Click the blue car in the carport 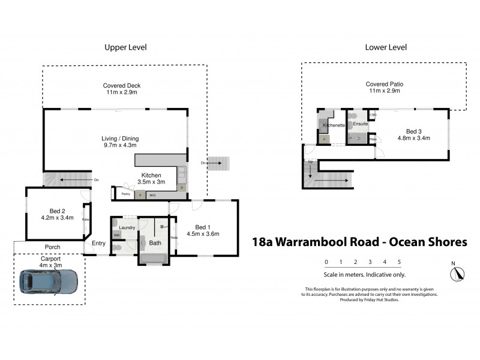click(x=49, y=280)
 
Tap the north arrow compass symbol click(x=457, y=272)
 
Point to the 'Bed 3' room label click(x=413, y=131)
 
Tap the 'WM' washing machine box click(x=116, y=235)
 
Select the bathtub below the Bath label click(x=155, y=258)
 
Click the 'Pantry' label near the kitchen click(x=126, y=194)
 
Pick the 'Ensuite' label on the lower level click(x=360, y=124)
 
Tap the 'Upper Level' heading click(x=125, y=47)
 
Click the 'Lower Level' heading click(x=386, y=47)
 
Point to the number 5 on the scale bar click(x=399, y=262)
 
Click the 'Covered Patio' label click(x=386, y=85)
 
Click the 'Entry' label click(x=98, y=243)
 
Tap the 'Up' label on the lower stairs click(x=310, y=162)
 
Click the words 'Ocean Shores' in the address click(x=428, y=242)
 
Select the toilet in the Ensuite click(x=355, y=115)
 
